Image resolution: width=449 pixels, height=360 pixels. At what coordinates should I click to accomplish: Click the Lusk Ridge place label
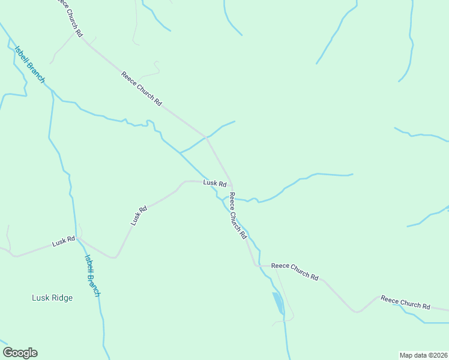[x=52, y=298]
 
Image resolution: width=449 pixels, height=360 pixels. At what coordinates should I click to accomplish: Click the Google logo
[x=20, y=353]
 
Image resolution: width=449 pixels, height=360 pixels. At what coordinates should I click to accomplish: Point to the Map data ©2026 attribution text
[x=423, y=355]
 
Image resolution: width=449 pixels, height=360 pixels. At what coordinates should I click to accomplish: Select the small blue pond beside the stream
[x=278, y=303]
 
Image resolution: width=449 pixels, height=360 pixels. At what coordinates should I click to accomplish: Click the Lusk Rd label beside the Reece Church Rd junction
[x=214, y=183]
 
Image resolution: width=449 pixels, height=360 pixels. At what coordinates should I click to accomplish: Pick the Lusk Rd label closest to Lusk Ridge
[x=63, y=242]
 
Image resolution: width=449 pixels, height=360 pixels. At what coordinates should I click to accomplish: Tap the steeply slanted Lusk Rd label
[x=139, y=216]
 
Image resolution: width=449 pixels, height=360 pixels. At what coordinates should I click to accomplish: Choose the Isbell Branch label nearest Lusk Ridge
[x=92, y=275]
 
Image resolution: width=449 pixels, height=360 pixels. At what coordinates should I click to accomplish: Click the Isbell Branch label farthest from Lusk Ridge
[x=29, y=65]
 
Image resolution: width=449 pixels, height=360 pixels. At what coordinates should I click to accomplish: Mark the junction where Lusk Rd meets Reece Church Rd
[x=232, y=185]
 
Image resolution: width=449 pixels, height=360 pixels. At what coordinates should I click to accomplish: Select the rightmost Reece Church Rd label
[x=405, y=302]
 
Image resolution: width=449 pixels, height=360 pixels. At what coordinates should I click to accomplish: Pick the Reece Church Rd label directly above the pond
[x=295, y=271]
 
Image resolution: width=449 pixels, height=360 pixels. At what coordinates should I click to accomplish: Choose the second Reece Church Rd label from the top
[x=142, y=89]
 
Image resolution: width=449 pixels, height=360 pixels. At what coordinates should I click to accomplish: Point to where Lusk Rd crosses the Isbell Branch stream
[x=79, y=238]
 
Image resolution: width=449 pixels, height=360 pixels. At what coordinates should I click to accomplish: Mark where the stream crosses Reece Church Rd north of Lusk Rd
[x=206, y=137]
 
